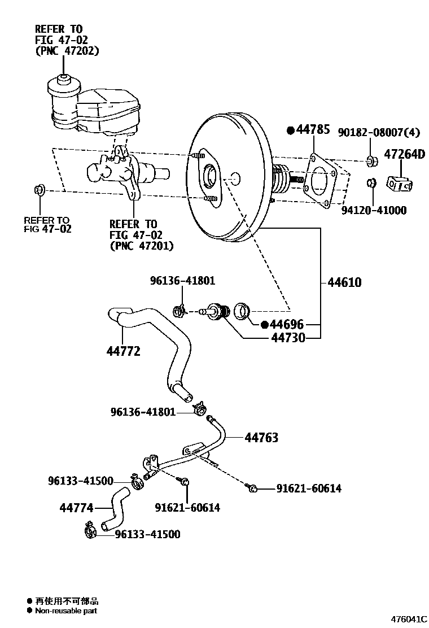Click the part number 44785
(313, 129)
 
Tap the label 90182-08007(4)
(379, 132)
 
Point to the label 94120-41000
(374, 210)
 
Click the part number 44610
(344, 282)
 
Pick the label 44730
(288, 338)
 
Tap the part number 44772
(123, 351)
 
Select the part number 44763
(261, 437)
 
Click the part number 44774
(76, 508)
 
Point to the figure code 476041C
(409, 619)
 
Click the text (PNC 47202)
(67, 51)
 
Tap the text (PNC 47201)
(142, 246)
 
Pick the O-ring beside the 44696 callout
(242, 311)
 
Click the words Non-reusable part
(66, 611)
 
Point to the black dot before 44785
(291, 130)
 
